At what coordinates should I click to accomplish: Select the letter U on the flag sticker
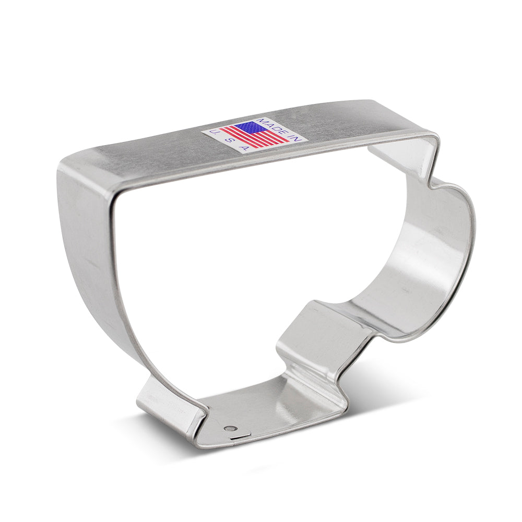(x=212, y=133)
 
